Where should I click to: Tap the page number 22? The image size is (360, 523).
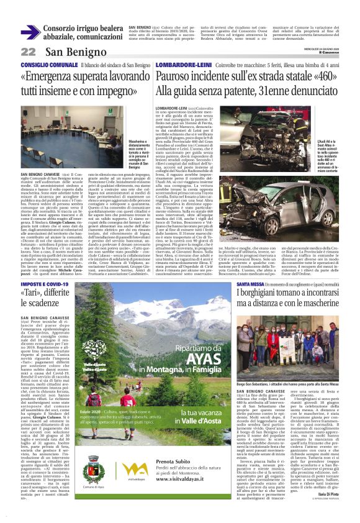click(29, 52)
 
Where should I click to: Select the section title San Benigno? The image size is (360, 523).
click(68, 52)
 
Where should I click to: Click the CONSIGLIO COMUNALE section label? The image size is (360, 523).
click(44, 65)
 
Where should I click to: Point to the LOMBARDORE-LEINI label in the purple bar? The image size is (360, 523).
click(176, 65)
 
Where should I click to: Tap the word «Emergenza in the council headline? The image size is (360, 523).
click(49, 76)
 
